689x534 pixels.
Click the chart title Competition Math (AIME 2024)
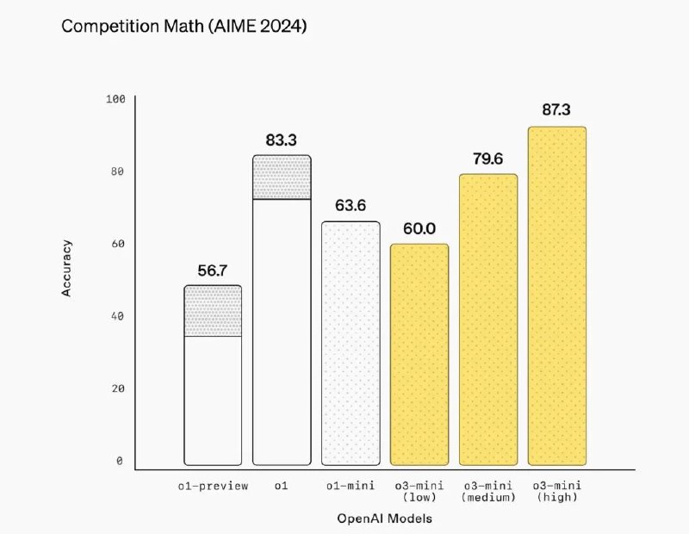click(183, 27)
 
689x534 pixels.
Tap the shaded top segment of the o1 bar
click(282, 177)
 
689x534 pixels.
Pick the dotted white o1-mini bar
click(351, 344)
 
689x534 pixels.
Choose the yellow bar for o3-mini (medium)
click(488, 320)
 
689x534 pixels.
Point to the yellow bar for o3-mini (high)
click(557, 296)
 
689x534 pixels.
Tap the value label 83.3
click(282, 140)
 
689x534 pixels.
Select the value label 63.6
click(351, 207)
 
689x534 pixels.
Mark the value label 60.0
click(419, 229)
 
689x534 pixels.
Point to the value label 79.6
click(488, 159)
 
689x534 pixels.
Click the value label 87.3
click(557, 110)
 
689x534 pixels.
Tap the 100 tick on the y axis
click(116, 99)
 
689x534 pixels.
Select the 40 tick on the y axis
click(118, 316)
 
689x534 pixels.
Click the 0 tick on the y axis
click(121, 461)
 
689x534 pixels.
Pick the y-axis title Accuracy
click(67, 269)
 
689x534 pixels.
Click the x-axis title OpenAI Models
click(385, 518)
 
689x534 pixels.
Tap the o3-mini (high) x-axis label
click(557, 491)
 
